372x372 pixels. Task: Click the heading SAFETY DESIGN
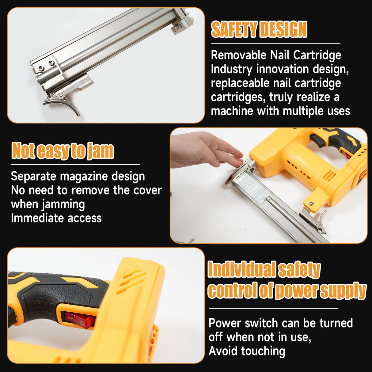click(259, 29)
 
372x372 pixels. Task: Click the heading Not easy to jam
click(63, 150)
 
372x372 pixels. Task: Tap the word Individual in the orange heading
click(241, 270)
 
